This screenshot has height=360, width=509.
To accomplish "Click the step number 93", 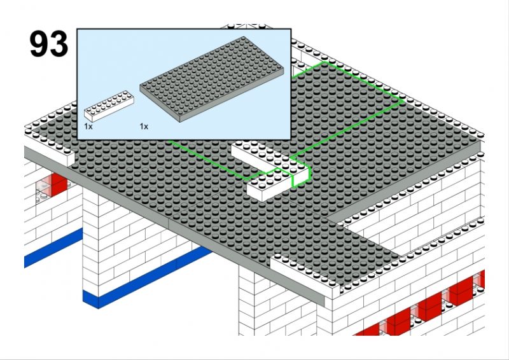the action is click(x=49, y=44).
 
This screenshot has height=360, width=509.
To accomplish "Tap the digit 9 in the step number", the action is click(x=39, y=44).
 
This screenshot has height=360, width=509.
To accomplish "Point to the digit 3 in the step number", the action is click(x=59, y=44).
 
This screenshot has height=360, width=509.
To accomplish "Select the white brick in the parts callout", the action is click(x=109, y=106).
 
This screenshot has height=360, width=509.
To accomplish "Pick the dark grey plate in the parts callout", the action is click(x=212, y=79).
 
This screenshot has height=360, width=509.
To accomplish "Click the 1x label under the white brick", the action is click(x=88, y=127).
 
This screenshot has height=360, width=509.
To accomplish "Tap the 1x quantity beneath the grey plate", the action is click(x=144, y=127).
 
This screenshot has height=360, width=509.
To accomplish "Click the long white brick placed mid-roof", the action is click(x=270, y=171).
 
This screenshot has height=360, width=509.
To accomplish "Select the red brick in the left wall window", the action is click(x=58, y=184).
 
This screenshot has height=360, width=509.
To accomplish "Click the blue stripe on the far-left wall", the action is click(x=53, y=247).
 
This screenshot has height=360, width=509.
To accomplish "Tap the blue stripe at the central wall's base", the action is click(x=146, y=277).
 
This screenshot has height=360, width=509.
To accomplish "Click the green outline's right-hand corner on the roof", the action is click(x=403, y=102).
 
